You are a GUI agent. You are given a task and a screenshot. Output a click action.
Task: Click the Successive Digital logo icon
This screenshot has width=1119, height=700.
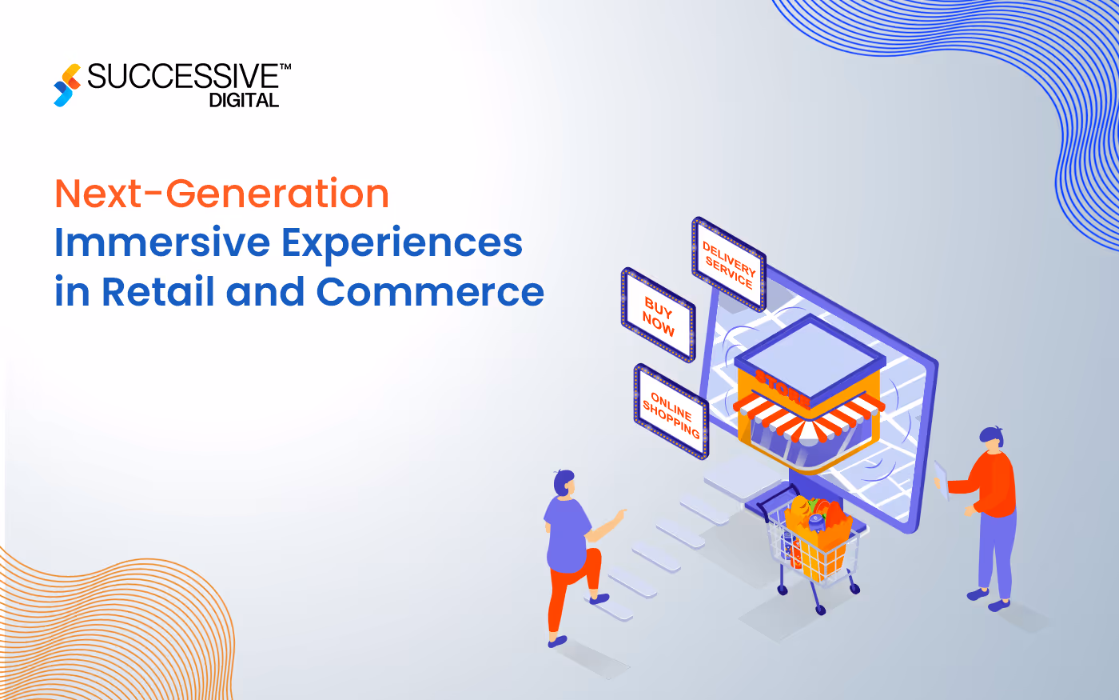click(x=67, y=85)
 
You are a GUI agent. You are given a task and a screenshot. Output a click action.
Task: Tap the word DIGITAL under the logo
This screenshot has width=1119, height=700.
click(x=244, y=101)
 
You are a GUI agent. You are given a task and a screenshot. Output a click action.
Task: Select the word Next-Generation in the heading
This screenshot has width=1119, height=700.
click(x=221, y=194)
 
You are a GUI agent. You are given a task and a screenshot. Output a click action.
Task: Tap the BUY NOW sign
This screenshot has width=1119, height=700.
click(x=659, y=314)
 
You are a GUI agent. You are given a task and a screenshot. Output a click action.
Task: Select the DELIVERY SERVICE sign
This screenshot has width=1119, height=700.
click(x=728, y=264)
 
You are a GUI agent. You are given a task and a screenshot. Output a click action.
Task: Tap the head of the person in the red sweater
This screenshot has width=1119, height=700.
click(x=992, y=439)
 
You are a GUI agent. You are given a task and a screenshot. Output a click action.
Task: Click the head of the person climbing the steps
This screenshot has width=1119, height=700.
click(x=563, y=482)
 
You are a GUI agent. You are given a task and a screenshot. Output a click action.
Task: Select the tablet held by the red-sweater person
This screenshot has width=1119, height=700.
click(x=941, y=479)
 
